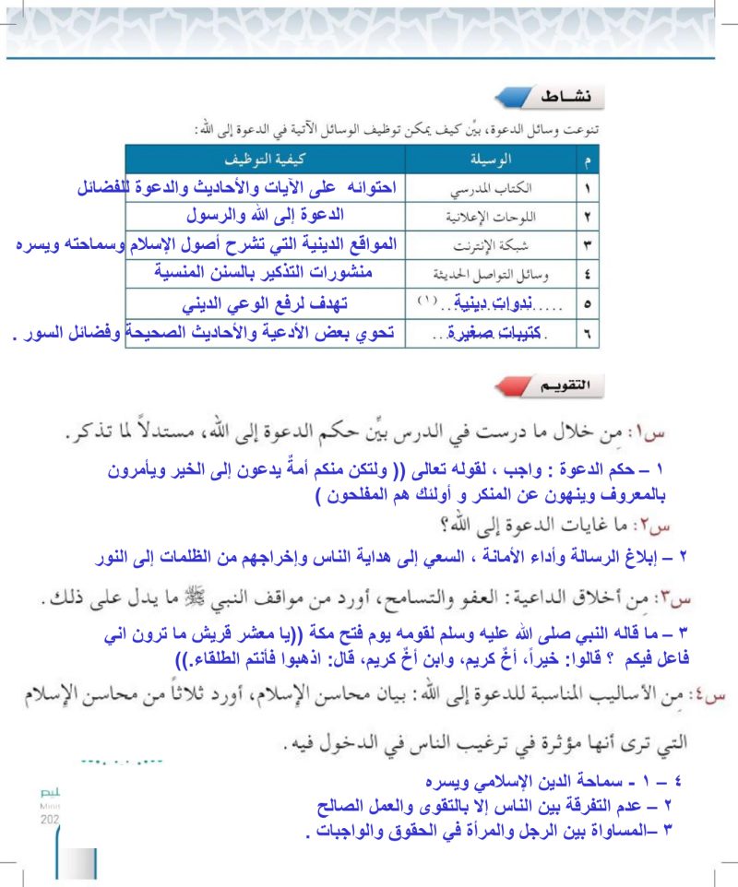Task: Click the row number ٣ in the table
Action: tap(588, 246)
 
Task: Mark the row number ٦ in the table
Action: tap(588, 332)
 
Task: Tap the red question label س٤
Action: tap(708, 693)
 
